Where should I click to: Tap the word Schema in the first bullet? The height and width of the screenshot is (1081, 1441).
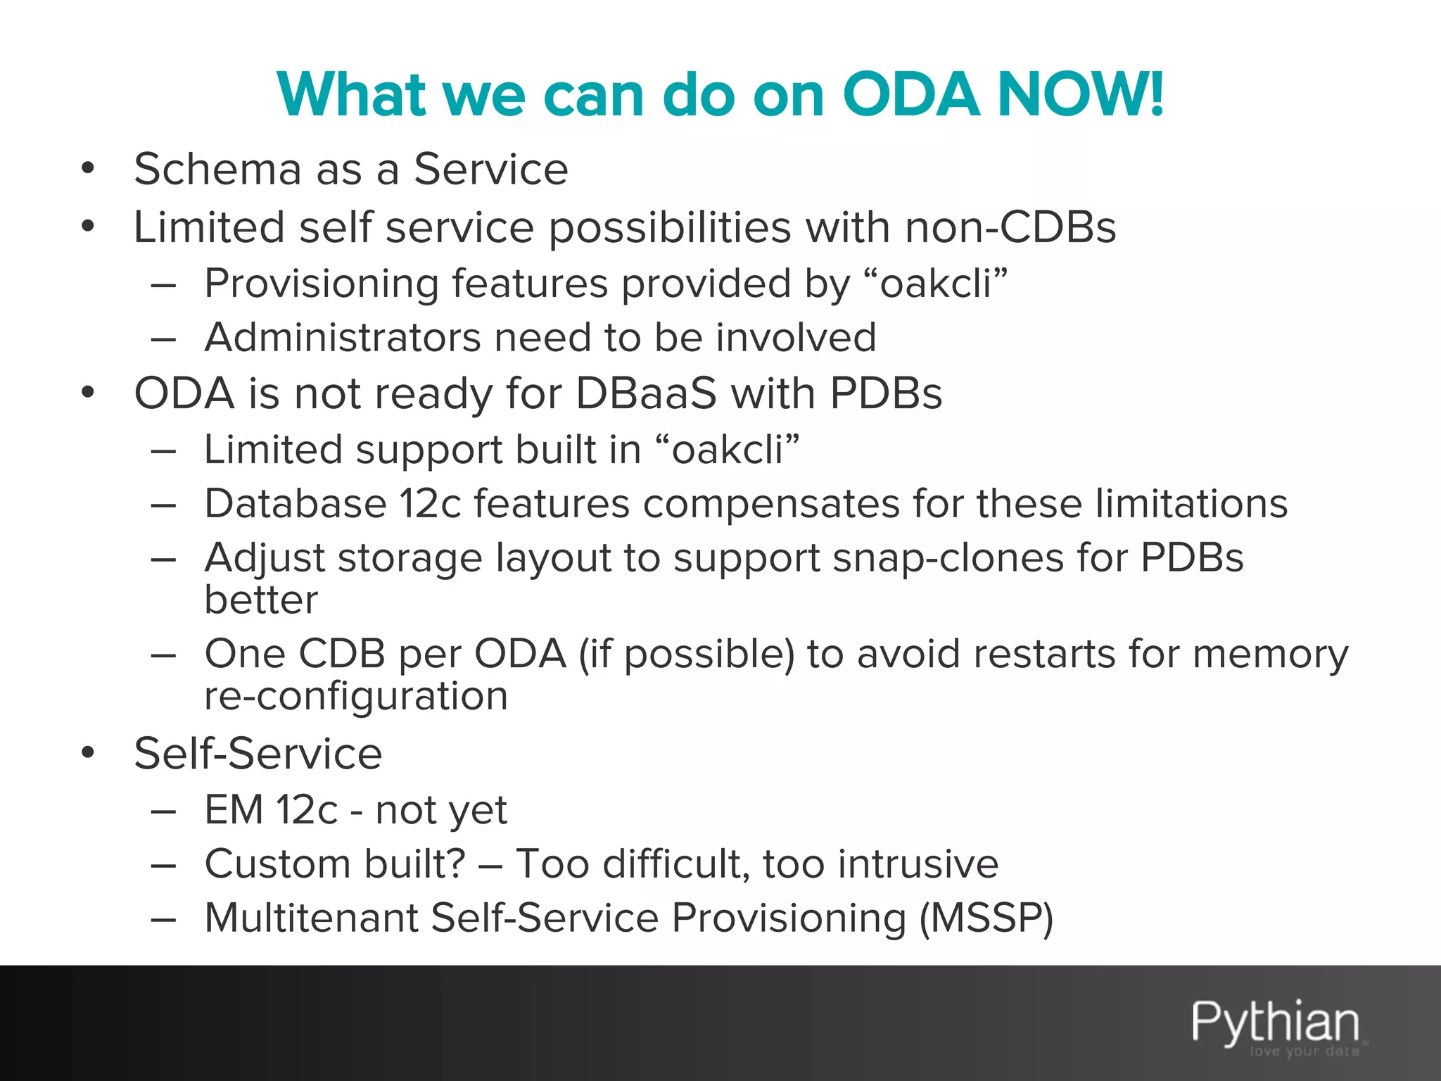click(x=217, y=170)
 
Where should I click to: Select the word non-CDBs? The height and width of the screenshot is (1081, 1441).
click(x=1010, y=227)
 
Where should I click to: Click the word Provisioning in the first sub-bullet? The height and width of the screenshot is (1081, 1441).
click(x=322, y=284)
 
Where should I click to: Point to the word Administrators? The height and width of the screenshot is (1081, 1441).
click(x=343, y=337)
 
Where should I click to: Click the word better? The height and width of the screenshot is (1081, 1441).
click(x=261, y=600)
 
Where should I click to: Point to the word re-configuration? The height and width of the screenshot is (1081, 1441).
click(x=356, y=696)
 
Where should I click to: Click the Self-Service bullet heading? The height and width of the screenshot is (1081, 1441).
click(x=258, y=754)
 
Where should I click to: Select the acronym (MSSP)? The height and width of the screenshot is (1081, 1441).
click(x=986, y=918)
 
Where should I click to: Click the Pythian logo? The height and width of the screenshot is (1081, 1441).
click(x=1275, y=1024)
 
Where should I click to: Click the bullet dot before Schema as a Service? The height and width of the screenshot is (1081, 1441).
click(x=87, y=170)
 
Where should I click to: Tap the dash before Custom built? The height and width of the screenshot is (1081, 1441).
click(x=163, y=865)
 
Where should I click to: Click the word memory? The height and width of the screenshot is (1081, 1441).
click(x=1271, y=655)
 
